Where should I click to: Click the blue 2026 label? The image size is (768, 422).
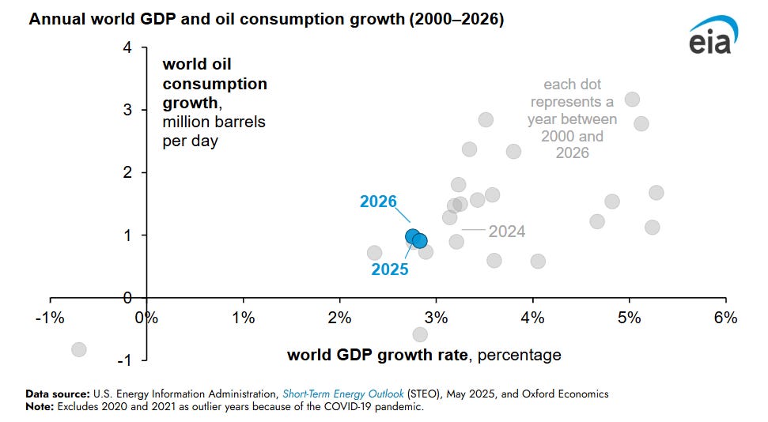click(378, 202)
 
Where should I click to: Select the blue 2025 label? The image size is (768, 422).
click(390, 269)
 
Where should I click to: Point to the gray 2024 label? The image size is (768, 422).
click(506, 232)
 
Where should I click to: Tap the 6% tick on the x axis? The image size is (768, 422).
click(725, 318)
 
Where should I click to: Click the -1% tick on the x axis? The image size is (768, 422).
click(51, 318)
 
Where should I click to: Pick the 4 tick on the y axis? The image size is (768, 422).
click(127, 47)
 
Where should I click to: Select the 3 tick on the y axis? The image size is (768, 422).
click(127, 110)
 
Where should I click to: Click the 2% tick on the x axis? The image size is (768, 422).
click(340, 318)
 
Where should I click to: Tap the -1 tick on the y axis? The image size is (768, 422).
click(124, 360)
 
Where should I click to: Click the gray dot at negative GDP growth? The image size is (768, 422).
click(78, 349)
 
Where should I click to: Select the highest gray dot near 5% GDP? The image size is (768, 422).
click(632, 100)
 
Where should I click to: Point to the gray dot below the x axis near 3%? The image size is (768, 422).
click(420, 334)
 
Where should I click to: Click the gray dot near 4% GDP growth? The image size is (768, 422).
click(538, 261)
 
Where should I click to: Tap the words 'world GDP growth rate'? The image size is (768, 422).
click(378, 355)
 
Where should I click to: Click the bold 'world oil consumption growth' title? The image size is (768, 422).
click(214, 83)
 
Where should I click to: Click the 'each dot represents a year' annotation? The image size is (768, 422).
click(572, 119)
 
